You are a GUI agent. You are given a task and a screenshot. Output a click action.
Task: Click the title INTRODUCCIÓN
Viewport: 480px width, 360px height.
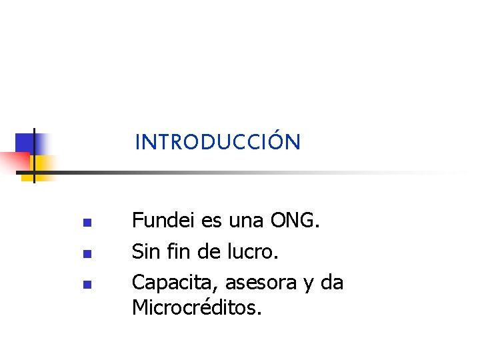[217, 142]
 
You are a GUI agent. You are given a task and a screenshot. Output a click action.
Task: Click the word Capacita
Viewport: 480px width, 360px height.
[175, 283]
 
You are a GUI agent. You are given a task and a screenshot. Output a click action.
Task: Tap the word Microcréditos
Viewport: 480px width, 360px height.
[197, 307]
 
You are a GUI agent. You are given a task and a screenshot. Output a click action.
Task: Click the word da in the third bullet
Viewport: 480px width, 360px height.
[332, 283]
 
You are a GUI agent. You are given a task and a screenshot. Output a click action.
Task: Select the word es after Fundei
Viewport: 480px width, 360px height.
[213, 219]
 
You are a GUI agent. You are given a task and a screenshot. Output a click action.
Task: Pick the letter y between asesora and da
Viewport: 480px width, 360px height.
[308, 285]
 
